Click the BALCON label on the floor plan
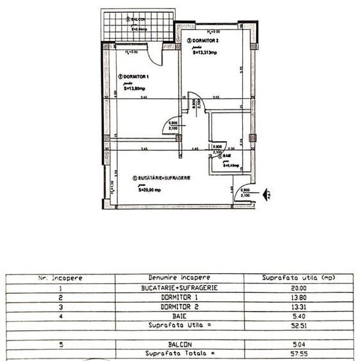pos(136,19)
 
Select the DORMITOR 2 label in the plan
pos(206,40)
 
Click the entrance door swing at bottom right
pos(243,196)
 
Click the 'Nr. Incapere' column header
pos(58,278)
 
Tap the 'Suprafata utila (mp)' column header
pos(299,278)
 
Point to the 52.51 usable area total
pos(299,324)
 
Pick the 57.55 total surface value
pos(299,353)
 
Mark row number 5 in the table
pos(58,344)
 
